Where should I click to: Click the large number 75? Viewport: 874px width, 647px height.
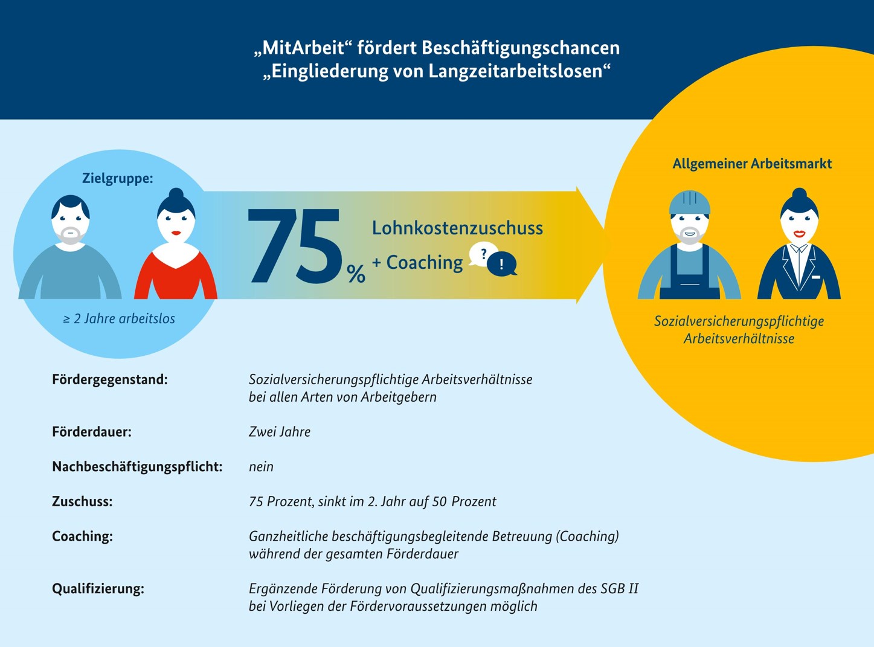click(294, 246)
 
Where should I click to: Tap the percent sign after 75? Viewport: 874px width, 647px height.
click(356, 274)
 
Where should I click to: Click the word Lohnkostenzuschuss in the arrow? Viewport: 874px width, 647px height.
click(457, 228)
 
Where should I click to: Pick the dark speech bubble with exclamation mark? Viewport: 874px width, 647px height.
click(502, 265)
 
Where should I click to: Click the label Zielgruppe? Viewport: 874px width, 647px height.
click(117, 178)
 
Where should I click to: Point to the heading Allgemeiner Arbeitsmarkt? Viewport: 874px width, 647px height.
click(752, 164)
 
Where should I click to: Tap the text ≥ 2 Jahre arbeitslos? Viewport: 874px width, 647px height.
click(119, 319)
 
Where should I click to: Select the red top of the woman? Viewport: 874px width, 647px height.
click(176, 277)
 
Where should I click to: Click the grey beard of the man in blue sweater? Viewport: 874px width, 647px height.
click(71, 236)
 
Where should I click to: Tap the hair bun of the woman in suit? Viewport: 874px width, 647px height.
click(799, 195)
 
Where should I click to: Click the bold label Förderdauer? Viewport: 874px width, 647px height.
click(92, 432)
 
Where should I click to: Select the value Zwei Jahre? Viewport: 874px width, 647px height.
click(280, 432)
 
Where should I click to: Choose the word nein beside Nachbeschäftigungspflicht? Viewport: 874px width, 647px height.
click(261, 467)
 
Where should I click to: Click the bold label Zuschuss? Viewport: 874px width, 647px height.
click(82, 501)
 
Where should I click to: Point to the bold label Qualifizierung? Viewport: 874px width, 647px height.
click(98, 589)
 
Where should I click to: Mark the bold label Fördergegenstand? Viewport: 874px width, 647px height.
click(110, 380)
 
